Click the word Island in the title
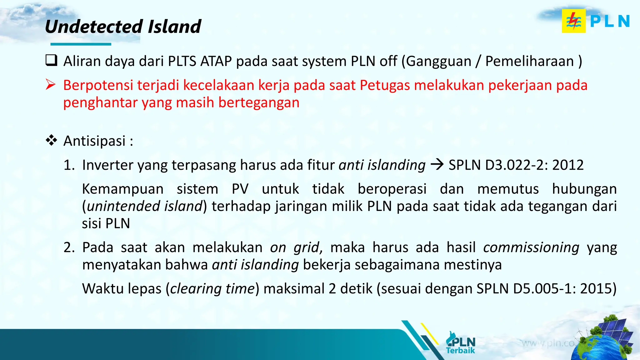click(174, 27)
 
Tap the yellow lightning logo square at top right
click(573, 21)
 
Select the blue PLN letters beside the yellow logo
click(610, 22)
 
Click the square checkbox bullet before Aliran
click(51, 60)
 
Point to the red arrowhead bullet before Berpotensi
click(51, 85)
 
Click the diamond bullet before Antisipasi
click(51, 140)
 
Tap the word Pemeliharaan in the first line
click(529, 61)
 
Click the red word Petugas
click(385, 85)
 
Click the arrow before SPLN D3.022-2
click(437, 164)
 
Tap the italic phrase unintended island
click(145, 206)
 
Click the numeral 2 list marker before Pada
click(69, 247)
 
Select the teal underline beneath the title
click(81, 44)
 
